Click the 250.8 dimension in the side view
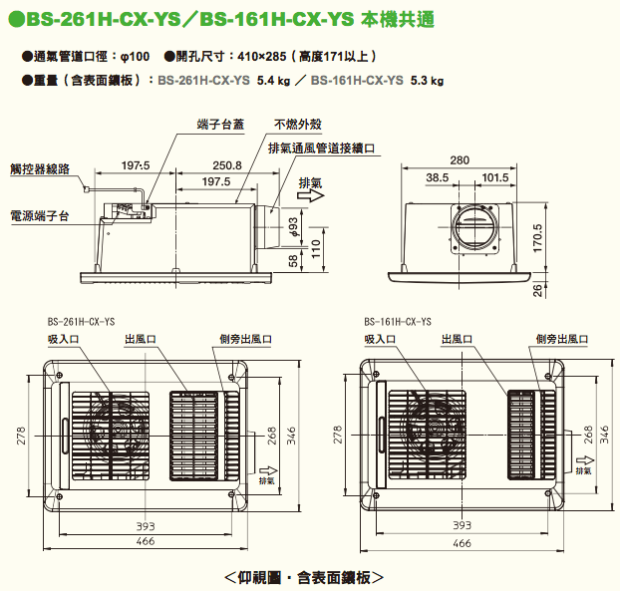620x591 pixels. tap(226, 165)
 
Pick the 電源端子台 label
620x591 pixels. tap(39, 214)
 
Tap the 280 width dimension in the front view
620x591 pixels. tap(459, 159)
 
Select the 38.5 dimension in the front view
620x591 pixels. tap(437, 178)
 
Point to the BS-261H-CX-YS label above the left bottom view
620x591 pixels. tap(81, 322)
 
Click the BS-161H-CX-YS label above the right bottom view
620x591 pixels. tap(398, 322)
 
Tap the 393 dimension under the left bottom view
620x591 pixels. tap(146, 524)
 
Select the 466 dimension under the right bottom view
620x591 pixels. tap(462, 543)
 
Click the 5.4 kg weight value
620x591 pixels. tap(272, 82)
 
